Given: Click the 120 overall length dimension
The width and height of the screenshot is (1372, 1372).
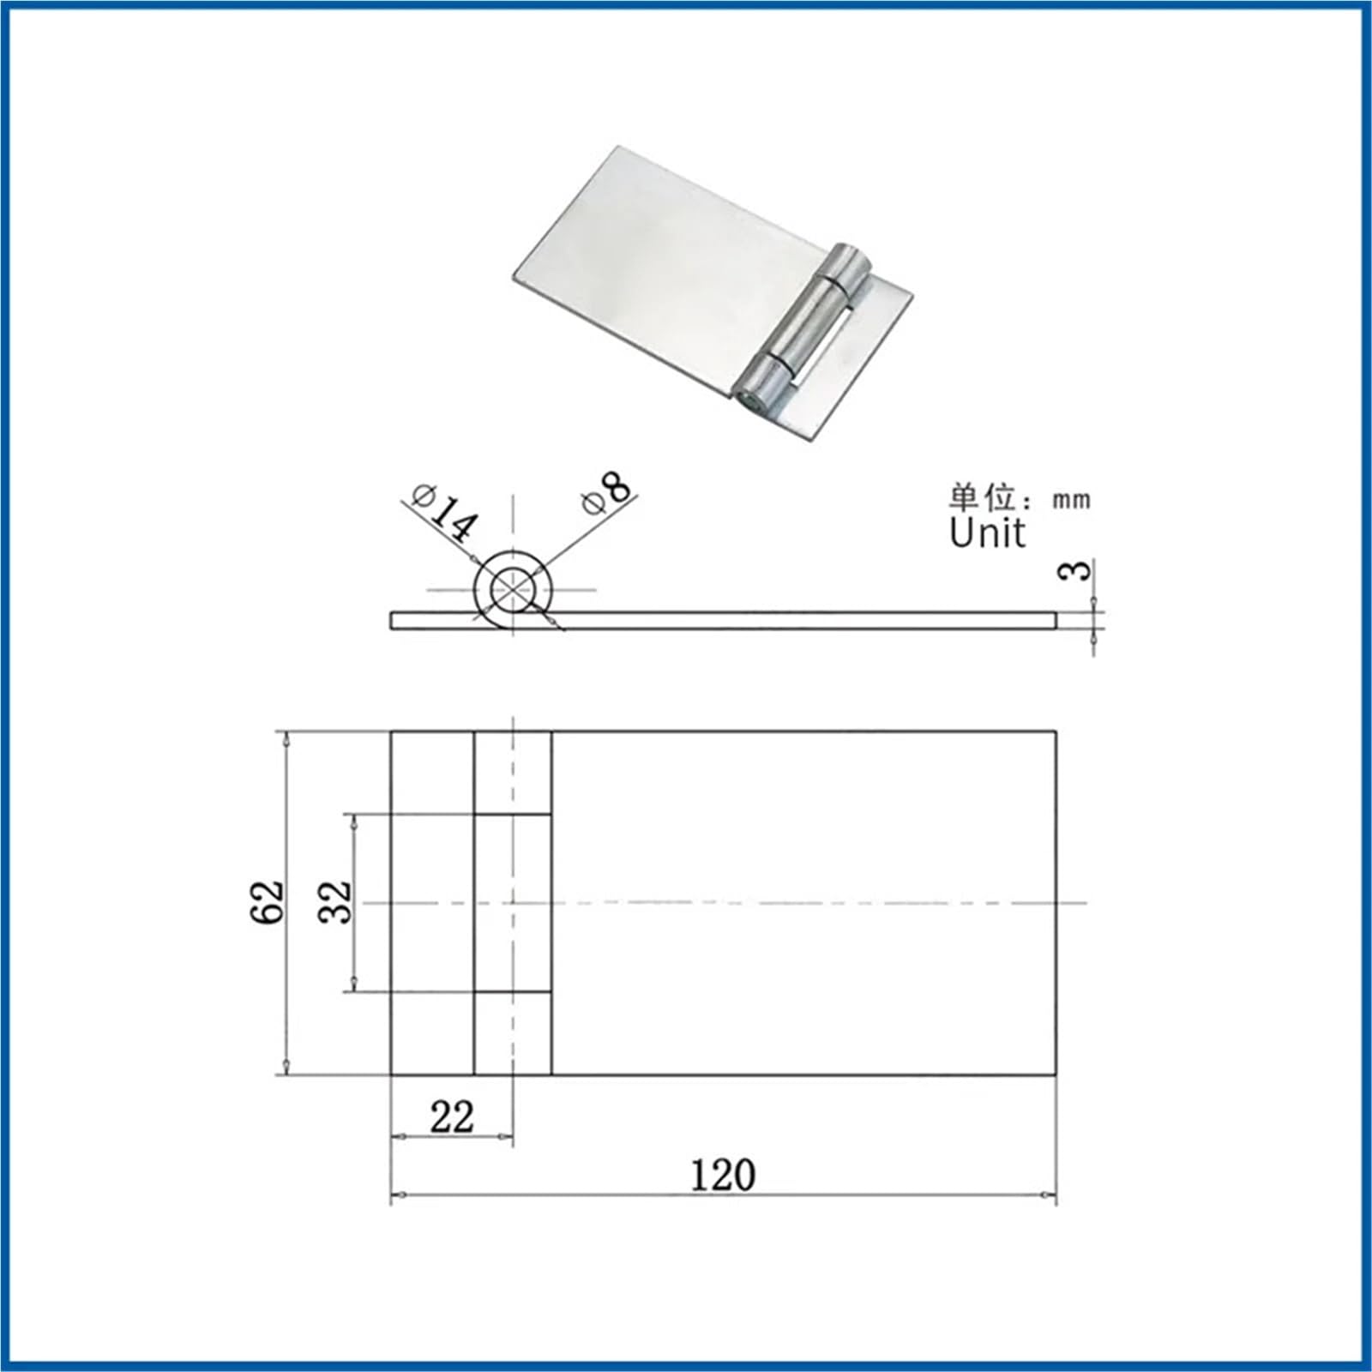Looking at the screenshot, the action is coord(723,1174).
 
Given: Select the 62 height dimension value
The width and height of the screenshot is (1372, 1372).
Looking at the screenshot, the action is coord(267,900).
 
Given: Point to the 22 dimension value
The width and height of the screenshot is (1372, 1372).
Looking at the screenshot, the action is coord(452,1117).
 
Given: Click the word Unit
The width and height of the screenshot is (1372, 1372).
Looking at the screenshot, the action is coord(987,533).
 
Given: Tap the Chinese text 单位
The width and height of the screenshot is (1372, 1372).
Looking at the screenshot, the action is coord(983,498).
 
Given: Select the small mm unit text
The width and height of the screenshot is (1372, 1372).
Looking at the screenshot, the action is coord(1071,500).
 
